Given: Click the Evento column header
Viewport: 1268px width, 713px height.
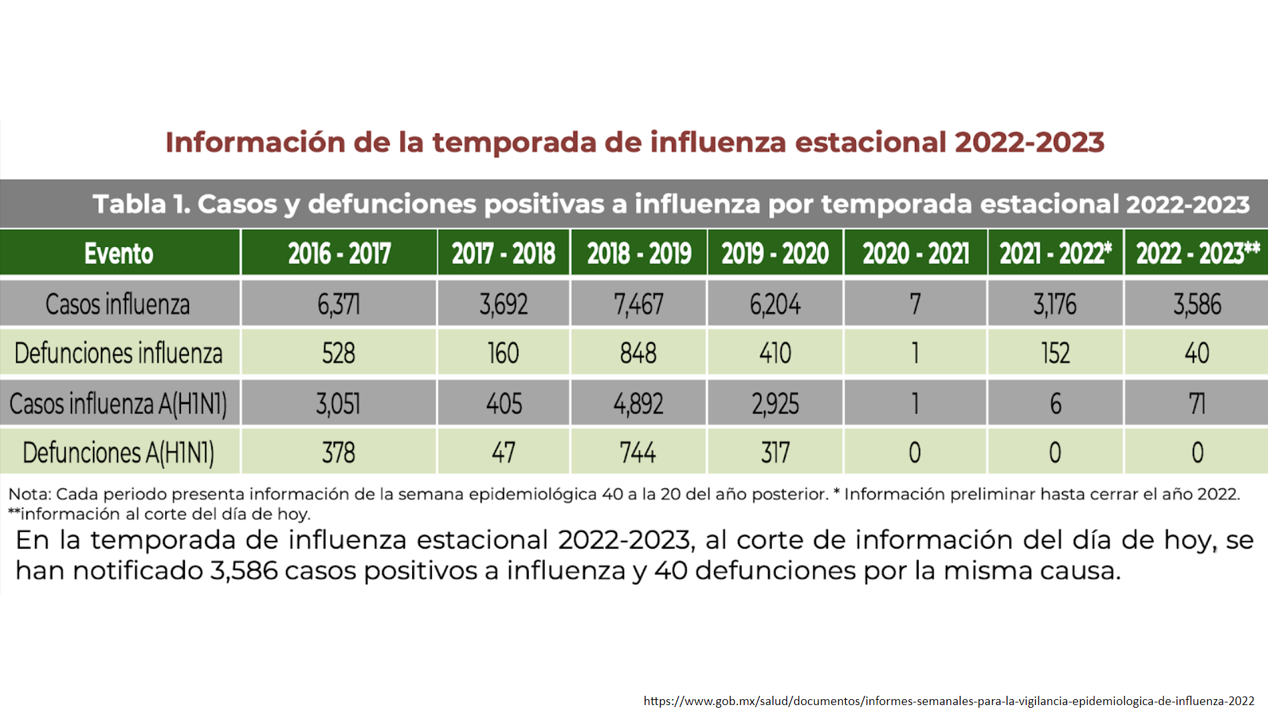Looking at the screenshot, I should pyautogui.click(x=119, y=254).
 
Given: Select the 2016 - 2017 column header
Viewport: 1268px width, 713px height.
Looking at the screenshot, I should pyautogui.click(x=339, y=254).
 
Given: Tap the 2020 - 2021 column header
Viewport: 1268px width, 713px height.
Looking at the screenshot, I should pyautogui.click(x=915, y=254).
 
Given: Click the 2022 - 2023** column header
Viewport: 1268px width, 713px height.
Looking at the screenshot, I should pyautogui.click(x=1197, y=254).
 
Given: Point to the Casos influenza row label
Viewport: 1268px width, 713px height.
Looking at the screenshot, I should pyautogui.click(x=118, y=304).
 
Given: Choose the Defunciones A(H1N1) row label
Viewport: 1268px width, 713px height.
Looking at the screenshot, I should pyautogui.click(x=119, y=453).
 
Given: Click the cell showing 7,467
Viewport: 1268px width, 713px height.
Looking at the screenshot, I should pyautogui.click(x=638, y=304).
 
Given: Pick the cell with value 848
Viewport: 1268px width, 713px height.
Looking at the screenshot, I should pyautogui.click(x=638, y=353).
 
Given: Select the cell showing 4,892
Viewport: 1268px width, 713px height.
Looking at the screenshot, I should pyautogui.click(x=638, y=403).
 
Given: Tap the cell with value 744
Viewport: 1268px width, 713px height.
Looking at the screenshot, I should pyautogui.click(x=638, y=453).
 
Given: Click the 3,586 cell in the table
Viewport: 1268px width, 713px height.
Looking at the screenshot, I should pyautogui.click(x=1197, y=304).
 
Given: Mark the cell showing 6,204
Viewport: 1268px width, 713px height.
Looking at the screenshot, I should pyautogui.click(x=775, y=304).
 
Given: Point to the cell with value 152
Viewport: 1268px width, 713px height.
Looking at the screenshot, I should pyautogui.click(x=1055, y=353).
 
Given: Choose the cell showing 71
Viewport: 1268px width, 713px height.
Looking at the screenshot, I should pyautogui.click(x=1197, y=403).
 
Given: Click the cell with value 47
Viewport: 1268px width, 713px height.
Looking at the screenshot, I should pyautogui.click(x=503, y=453).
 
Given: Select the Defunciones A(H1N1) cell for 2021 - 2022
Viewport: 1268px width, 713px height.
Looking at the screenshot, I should pyautogui.click(x=1055, y=453).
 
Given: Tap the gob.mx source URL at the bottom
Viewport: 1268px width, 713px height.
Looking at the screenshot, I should pyautogui.click(x=948, y=701).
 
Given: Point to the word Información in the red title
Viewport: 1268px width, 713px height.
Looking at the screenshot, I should pyautogui.click(x=255, y=143).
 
